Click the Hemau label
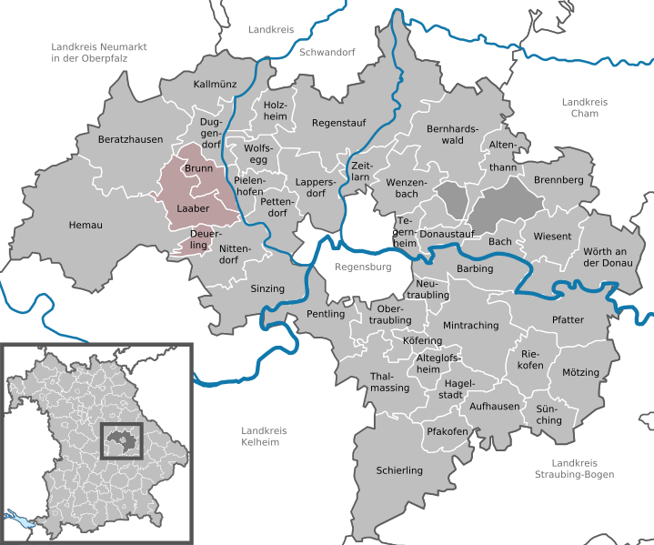86,225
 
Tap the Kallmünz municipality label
215,85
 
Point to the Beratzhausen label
130,140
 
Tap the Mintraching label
470,325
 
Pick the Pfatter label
568,319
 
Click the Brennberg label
558,180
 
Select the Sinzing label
267,288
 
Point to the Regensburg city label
362,267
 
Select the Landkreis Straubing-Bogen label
570,469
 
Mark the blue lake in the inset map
19,516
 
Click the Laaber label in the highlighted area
192,208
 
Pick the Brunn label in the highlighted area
198,169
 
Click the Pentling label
327,314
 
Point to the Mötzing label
580,373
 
